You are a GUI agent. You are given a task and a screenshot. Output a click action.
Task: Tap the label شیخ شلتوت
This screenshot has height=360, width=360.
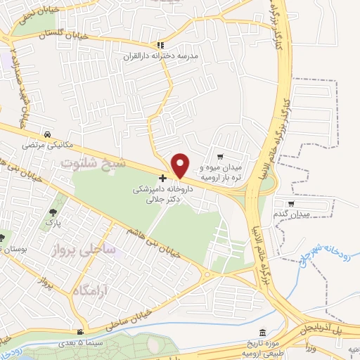click(94, 163)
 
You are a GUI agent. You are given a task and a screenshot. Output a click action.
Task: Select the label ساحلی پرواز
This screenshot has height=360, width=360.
click(79, 249)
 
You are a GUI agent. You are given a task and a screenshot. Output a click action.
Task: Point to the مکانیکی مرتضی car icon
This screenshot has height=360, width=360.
click(46, 134)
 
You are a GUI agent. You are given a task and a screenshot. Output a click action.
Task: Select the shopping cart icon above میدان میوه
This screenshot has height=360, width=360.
click(220, 157)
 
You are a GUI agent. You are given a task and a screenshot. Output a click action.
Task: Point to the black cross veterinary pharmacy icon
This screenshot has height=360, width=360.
click(163, 179)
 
